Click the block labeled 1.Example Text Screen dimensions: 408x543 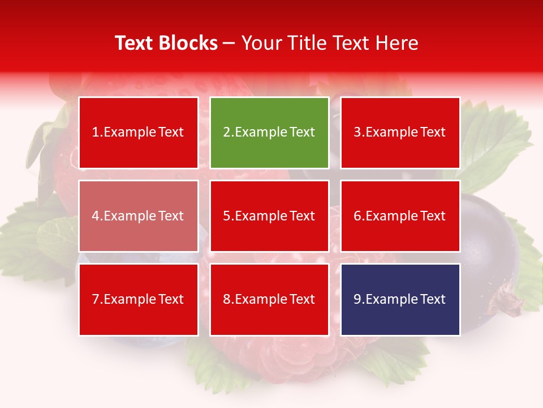139,133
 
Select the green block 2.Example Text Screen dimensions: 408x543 269,133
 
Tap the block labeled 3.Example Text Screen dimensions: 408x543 400,133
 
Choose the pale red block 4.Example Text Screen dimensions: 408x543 139,216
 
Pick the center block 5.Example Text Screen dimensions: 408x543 269,216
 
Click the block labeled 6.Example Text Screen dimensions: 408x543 400,216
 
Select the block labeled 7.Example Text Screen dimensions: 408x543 139,299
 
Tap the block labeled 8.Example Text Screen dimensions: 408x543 269,299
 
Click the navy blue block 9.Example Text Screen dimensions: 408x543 400,299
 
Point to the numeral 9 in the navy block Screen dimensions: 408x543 357,299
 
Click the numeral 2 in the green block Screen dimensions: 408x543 226,133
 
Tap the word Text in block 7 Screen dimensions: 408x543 171,299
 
